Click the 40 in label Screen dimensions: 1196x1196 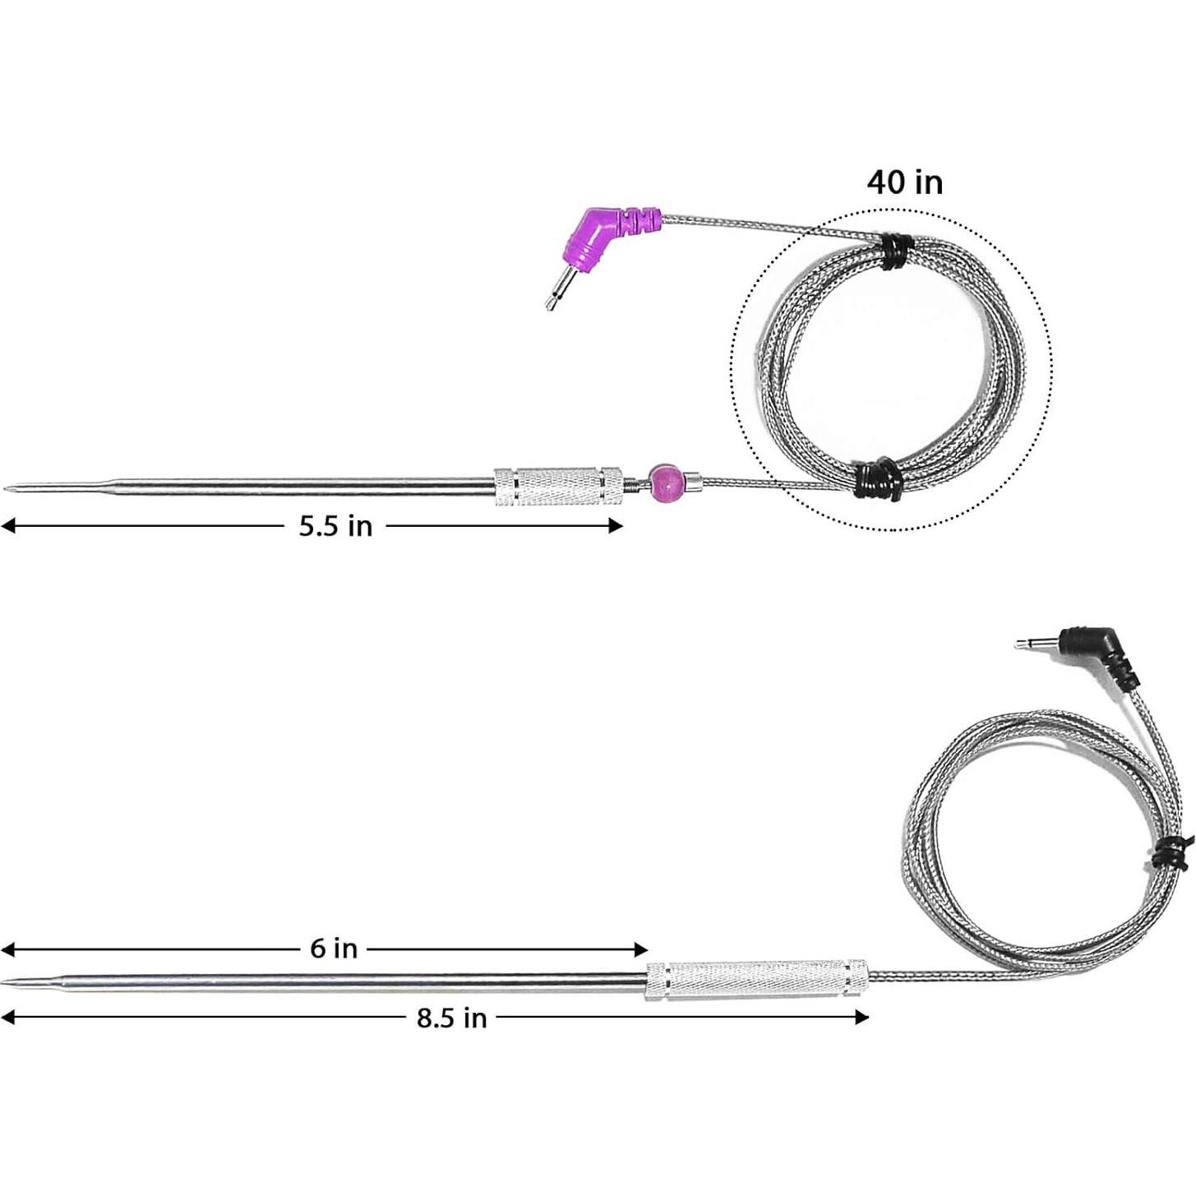[905, 182]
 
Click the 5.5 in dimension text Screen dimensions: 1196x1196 [335, 526]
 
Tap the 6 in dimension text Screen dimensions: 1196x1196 [334, 949]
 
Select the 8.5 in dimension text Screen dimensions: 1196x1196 [451, 1018]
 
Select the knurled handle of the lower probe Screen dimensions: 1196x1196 [757, 979]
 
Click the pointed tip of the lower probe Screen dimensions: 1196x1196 [10, 982]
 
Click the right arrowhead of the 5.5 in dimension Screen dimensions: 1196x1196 [616, 526]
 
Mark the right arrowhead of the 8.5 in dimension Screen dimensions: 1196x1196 [862, 1018]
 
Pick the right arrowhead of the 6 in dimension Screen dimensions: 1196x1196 [642, 949]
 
